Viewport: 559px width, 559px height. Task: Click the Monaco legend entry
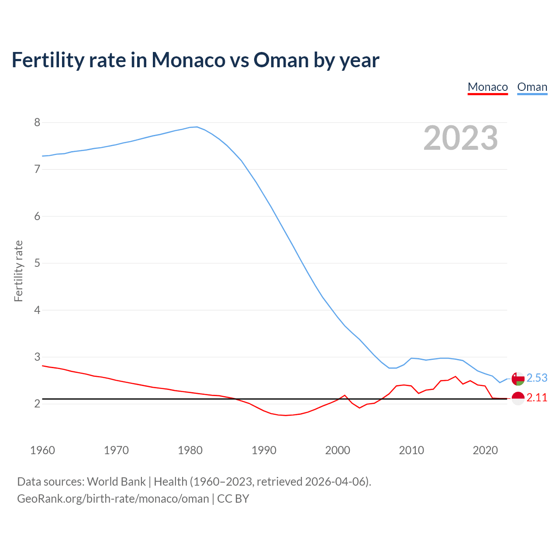click(x=487, y=87)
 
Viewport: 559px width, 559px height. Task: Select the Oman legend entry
click(x=532, y=87)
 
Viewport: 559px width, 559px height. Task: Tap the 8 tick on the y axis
click(x=37, y=122)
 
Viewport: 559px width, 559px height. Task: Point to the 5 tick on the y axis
click(x=37, y=263)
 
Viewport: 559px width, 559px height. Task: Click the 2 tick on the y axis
click(x=37, y=404)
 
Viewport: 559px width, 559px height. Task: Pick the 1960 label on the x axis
click(x=42, y=450)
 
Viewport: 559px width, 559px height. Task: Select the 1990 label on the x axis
click(x=264, y=450)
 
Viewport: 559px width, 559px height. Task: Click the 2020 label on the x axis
click(x=485, y=450)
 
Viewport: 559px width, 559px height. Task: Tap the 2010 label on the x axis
click(x=411, y=450)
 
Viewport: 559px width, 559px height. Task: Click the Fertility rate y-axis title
click(x=18, y=271)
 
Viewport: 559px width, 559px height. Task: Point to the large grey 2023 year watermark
click(x=460, y=138)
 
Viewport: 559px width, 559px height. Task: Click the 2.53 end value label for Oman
click(x=537, y=378)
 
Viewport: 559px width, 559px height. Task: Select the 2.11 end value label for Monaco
click(x=537, y=398)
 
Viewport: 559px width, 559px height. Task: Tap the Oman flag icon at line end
click(x=518, y=379)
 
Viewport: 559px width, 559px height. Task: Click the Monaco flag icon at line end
click(x=518, y=398)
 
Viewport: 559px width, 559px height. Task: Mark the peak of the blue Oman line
click(x=197, y=127)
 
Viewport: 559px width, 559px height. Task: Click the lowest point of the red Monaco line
click(x=286, y=415)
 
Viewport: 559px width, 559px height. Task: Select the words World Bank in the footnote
click(x=116, y=482)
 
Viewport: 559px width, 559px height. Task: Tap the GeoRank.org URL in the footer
click(x=113, y=499)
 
